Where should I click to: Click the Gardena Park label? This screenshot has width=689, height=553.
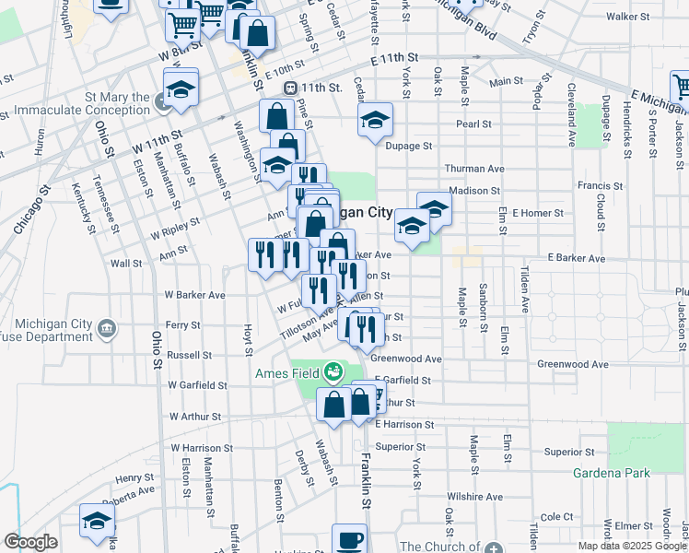click(x=612, y=474)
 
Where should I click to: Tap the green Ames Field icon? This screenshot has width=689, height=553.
click(x=333, y=372)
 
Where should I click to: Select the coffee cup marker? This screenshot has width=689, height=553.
click(x=349, y=539)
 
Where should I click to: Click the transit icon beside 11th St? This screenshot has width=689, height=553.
click(x=290, y=88)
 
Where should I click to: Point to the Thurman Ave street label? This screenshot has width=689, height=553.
click(x=474, y=169)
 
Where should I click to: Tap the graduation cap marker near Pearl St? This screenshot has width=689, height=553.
click(x=375, y=121)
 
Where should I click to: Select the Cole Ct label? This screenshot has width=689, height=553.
click(x=557, y=517)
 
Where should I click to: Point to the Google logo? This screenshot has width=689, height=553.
click(x=30, y=542)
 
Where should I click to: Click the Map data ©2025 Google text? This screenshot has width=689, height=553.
click(x=632, y=546)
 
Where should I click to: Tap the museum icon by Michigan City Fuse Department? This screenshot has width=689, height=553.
click(x=108, y=327)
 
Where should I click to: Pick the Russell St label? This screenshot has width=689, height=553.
click(x=190, y=354)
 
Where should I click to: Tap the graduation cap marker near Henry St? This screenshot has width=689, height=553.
click(x=96, y=521)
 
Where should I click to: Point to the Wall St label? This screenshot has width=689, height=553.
click(x=124, y=263)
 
